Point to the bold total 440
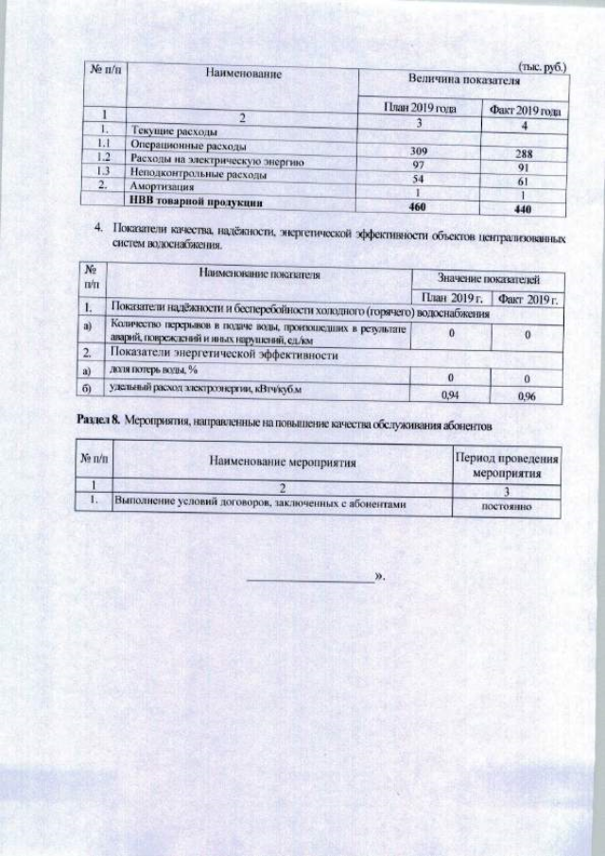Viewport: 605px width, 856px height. click(526, 209)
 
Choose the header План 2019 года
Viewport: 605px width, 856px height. click(420, 109)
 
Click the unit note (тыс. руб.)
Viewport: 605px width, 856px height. click(543, 67)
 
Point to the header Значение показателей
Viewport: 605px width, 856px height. click(488, 279)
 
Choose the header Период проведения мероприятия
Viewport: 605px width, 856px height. click(507, 466)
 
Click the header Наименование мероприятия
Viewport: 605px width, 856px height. click(282, 465)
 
